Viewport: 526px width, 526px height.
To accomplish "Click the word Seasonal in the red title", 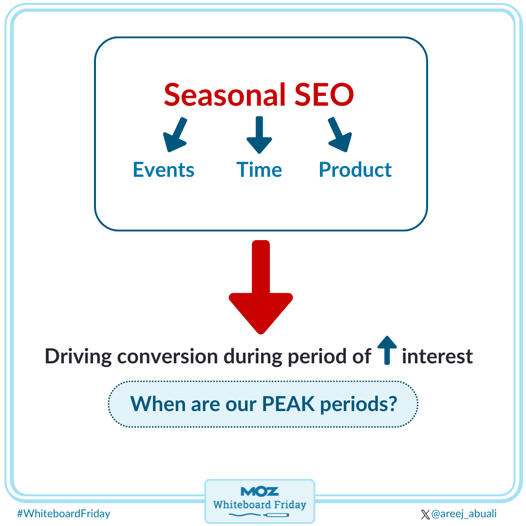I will pyautogui.click(x=225, y=94).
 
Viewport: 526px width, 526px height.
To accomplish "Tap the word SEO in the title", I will pyautogui.click(x=323, y=94).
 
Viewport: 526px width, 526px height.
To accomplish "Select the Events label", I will pyautogui.click(x=164, y=170).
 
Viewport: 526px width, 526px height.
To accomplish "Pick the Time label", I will pyautogui.click(x=259, y=170).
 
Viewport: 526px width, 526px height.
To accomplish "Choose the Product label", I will pyautogui.click(x=355, y=170).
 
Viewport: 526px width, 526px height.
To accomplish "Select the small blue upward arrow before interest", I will pyautogui.click(x=387, y=350).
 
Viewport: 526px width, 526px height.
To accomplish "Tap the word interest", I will pyautogui.click(x=437, y=357).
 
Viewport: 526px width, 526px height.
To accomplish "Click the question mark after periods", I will pyautogui.click(x=391, y=404).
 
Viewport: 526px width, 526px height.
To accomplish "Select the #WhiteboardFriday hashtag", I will pyautogui.click(x=63, y=513).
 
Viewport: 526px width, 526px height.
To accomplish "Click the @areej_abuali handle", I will pyautogui.click(x=464, y=514).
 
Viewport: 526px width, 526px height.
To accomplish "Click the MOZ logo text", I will pyautogui.click(x=260, y=491).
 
